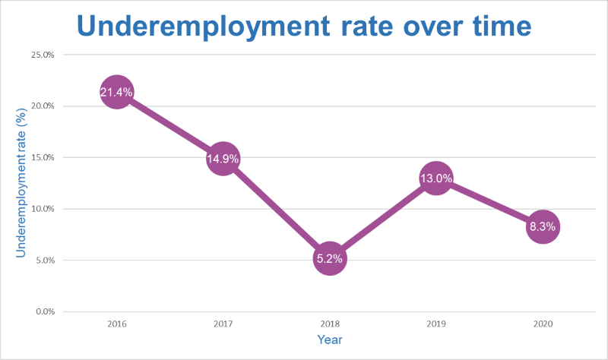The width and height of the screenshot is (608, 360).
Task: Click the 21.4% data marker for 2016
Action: [116, 93]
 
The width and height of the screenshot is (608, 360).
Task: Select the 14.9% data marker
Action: [223, 159]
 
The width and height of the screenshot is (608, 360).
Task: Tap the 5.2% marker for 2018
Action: [329, 258]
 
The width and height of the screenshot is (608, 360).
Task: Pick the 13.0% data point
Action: [435, 178]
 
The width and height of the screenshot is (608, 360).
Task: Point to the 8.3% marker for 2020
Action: [542, 226]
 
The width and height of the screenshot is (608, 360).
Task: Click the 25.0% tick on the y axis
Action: [43, 55]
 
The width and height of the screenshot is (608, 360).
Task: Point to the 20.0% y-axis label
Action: [43, 106]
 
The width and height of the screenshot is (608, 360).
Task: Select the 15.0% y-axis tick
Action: [43, 157]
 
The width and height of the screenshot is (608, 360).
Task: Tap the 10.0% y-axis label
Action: [43, 209]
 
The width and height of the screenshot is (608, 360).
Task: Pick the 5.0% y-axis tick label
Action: [44, 260]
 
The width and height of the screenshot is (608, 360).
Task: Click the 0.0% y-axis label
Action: [44, 311]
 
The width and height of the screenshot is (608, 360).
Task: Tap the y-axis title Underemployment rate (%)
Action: [22, 183]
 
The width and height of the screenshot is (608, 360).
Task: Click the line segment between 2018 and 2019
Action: [382, 219]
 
